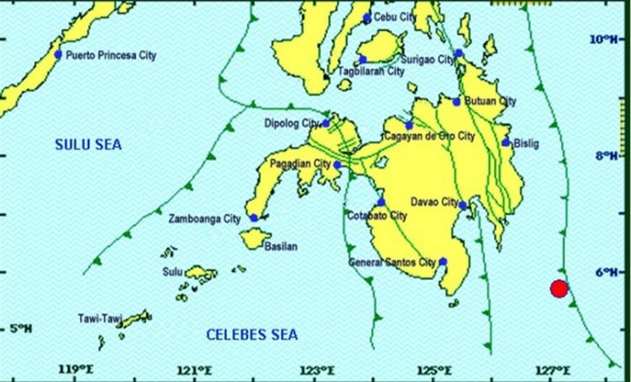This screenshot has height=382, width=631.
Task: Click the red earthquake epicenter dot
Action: [x=559, y=289]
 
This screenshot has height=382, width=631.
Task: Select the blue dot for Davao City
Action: [x=463, y=206]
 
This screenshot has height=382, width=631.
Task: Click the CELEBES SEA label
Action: [x=252, y=335]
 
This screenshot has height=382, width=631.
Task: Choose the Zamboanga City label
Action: [x=205, y=219]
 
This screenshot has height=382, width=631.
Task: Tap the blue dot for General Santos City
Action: [x=443, y=262]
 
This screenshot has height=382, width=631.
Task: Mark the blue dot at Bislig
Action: [x=506, y=143]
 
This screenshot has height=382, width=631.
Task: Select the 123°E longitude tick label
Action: [x=317, y=369]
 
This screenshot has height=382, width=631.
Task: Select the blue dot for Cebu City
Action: [x=367, y=18]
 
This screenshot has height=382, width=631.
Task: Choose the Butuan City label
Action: [x=490, y=101]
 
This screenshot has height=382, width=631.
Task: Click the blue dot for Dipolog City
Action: [x=326, y=123]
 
